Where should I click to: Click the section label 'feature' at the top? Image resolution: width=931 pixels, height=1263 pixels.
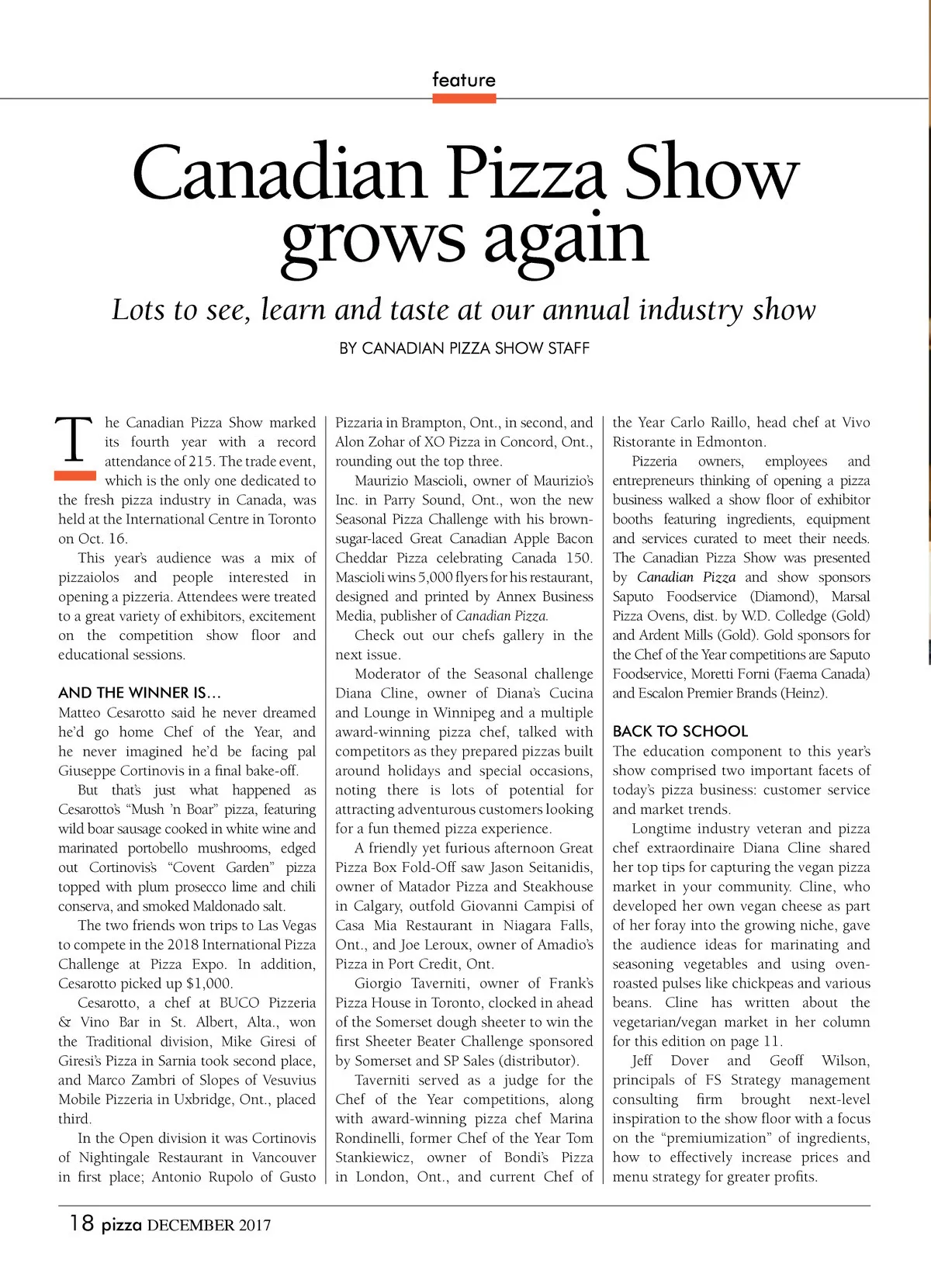pyautogui.click(x=463, y=80)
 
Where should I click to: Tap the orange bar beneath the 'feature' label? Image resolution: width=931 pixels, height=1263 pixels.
pyautogui.click(x=464, y=99)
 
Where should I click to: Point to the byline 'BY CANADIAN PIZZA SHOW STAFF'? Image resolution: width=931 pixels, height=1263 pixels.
pyautogui.click(x=464, y=348)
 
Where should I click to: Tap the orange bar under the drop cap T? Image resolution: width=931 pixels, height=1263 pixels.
pyautogui.click(x=74, y=474)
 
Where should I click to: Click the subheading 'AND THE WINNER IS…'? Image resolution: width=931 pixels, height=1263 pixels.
pyautogui.click(x=140, y=693)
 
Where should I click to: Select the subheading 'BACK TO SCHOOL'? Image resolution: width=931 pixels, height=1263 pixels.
pyautogui.click(x=680, y=731)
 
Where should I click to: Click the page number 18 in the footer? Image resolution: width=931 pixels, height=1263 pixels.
pyautogui.click(x=81, y=1223)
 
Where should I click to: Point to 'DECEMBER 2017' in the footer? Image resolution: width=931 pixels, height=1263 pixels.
pyautogui.click(x=209, y=1226)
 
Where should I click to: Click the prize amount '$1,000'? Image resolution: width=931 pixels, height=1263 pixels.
pyautogui.click(x=209, y=984)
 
